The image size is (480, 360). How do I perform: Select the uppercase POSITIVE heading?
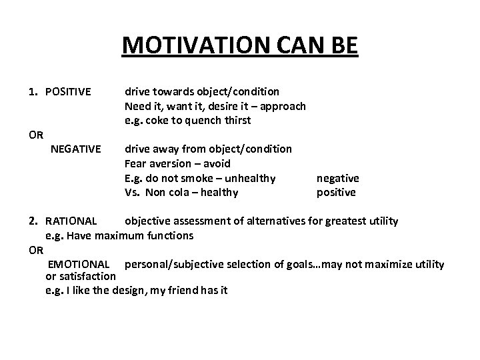click(68, 91)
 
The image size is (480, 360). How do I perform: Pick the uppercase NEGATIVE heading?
click(76, 148)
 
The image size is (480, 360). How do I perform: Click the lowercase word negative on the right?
click(337, 178)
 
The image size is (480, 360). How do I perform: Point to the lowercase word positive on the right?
click(336, 193)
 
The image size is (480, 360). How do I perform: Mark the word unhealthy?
click(248, 178)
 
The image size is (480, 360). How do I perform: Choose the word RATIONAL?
click(71, 221)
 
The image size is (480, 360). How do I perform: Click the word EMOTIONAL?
click(79, 265)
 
